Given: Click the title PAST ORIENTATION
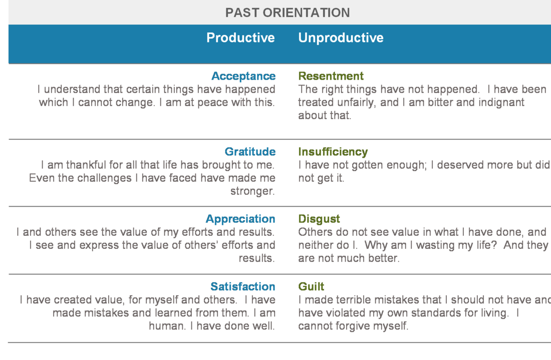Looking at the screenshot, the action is point(288,13).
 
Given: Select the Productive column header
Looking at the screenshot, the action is point(240,38).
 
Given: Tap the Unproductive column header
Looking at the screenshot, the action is point(341,38).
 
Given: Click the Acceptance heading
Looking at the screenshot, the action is point(243,76).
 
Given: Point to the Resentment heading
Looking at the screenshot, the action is point(331,76).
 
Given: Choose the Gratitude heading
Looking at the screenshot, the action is point(250,151).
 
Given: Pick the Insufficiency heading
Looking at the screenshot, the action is point(333,152).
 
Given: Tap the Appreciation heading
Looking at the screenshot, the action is point(240,219).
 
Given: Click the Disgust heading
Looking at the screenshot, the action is point(319,219).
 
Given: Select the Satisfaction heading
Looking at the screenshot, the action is point(243,286).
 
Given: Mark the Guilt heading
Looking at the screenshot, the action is point(311,286).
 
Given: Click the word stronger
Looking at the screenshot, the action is point(252,191).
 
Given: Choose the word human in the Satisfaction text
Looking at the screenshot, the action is point(166,326).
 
